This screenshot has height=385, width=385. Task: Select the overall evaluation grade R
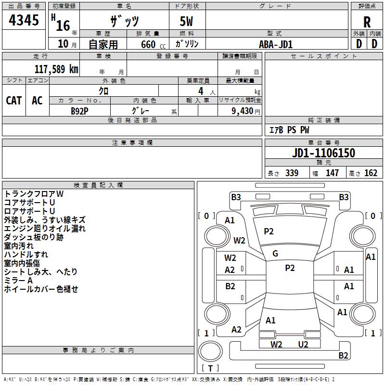tap(367, 22)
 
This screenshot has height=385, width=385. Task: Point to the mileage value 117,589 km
tap(56, 69)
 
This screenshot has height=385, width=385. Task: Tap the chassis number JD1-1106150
tap(324, 153)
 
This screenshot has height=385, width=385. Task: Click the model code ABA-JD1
tap(276, 44)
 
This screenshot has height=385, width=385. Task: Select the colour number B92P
tap(80, 110)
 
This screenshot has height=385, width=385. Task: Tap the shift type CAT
tap(14, 100)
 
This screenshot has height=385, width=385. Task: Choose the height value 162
tap(371, 173)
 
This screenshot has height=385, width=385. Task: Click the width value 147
tap(332, 173)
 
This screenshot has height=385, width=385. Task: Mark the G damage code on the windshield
tap(275, 254)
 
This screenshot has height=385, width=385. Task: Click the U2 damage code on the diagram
tap(303, 344)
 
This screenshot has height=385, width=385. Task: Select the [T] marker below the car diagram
tap(211, 368)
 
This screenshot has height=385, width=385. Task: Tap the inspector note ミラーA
tap(18, 281)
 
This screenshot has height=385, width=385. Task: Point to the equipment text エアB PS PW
tap(289, 130)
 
